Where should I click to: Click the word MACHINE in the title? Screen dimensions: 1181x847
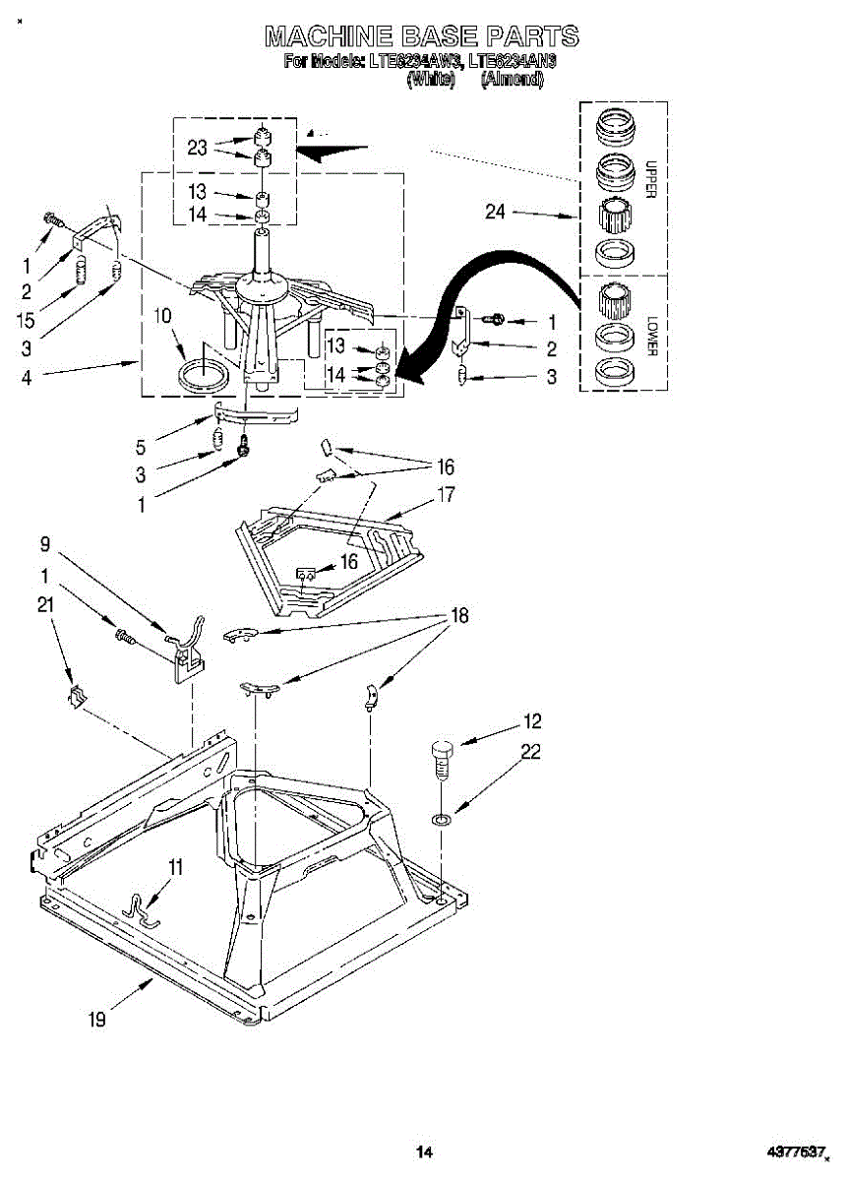pos(327,37)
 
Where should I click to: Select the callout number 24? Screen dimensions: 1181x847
pos(496,211)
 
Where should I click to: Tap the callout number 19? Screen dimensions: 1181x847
pos(96,1020)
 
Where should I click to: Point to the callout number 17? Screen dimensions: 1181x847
pos(446,494)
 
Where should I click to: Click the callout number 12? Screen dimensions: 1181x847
pos(532,721)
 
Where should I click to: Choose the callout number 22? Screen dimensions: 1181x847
pos(531,752)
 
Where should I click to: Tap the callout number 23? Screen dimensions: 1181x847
pos(197,148)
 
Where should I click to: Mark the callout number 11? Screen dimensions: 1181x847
pos(175,867)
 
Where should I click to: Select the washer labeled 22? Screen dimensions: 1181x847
pos(442,818)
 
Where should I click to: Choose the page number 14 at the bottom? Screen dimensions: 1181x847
pos(424,1150)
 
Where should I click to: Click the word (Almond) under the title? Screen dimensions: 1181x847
pos(512,79)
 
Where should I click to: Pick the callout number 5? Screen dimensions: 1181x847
pos(142,446)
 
